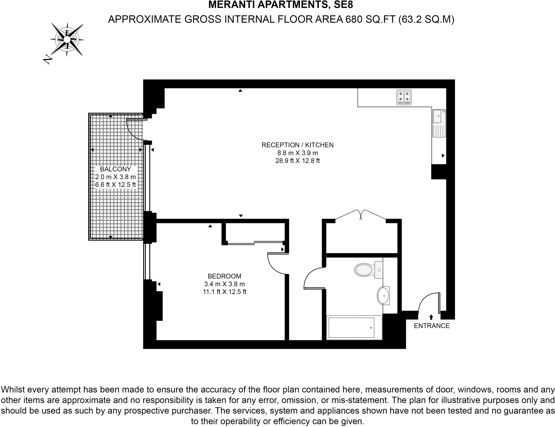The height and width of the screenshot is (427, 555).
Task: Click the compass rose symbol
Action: click(67, 40)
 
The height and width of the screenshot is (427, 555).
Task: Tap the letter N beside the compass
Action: click(47, 59)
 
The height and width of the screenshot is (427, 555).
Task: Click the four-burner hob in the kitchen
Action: click(404, 97)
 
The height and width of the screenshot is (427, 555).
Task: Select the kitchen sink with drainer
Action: click(439, 123)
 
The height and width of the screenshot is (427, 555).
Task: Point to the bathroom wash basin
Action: click(383, 296)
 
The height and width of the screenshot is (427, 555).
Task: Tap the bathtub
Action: click(354, 328)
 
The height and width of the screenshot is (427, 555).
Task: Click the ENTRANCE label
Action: click(431, 326)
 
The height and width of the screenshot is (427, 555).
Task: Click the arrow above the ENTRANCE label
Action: click(431, 317)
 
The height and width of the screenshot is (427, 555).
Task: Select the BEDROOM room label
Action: click(224, 276)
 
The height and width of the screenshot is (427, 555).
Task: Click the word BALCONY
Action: click(115, 169)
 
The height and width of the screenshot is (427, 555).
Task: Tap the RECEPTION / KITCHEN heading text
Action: click(297, 145)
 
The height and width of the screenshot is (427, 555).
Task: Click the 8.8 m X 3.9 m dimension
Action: click(297, 153)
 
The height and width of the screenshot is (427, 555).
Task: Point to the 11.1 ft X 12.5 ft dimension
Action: click(224, 292)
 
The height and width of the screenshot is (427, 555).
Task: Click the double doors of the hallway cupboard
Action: click(361, 214)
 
